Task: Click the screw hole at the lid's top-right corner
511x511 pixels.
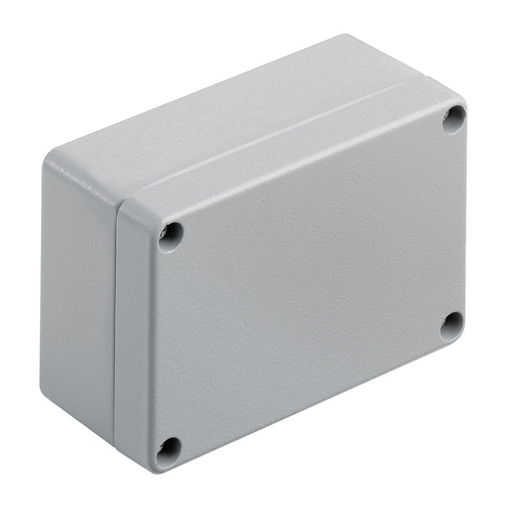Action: (454, 119)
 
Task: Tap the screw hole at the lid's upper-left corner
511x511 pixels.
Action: (171, 236)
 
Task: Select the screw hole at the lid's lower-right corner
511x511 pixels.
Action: (452, 325)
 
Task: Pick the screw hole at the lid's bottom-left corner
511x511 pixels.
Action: (169, 450)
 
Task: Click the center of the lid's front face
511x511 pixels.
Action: (307, 281)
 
